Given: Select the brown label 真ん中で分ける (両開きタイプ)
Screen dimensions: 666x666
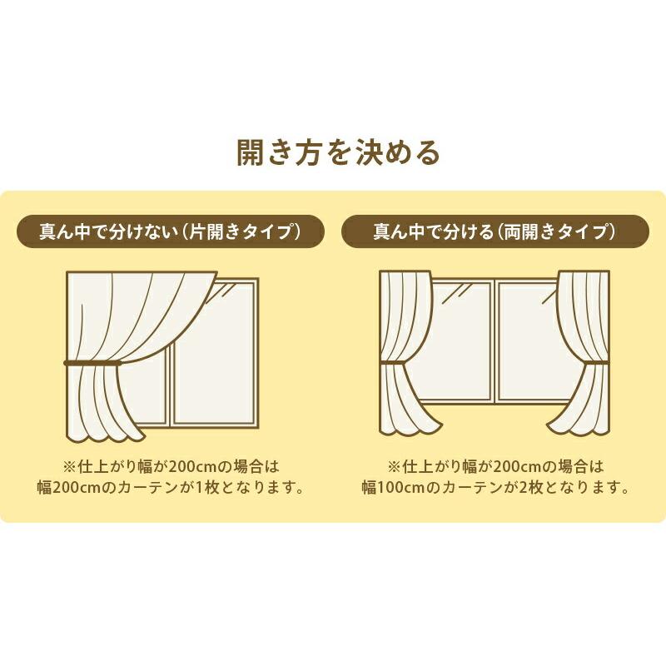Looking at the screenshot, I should [495, 231].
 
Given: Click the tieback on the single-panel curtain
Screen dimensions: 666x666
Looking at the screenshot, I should [92, 363].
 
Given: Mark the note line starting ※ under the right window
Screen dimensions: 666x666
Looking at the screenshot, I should [495, 466].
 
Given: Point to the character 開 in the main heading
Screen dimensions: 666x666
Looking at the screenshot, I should [251, 153].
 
